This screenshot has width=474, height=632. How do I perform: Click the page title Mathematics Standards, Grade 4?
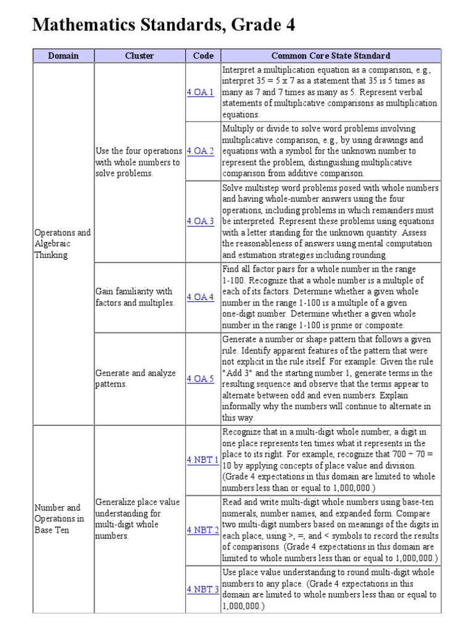[x=164, y=25]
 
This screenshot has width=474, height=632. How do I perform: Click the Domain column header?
[x=64, y=56]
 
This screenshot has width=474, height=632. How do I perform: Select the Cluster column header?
[x=139, y=56]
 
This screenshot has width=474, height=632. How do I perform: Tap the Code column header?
[x=203, y=56]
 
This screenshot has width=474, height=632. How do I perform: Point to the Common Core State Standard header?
[x=331, y=56]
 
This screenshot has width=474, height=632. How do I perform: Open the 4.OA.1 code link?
[x=200, y=92]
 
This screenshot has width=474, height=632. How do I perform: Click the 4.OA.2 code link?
[x=200, y=151]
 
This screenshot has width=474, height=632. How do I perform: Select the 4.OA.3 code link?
[x=200, y=222]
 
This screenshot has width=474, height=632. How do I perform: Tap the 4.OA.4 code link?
[x=200, y=297]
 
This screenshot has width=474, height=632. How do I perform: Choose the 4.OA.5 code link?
[x=200, y=379]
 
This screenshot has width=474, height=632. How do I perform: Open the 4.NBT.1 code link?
[x=202, y=460]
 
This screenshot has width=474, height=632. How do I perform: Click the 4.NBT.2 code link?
[x=202, y=530]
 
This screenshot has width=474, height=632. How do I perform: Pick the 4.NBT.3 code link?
[x=202, y=589]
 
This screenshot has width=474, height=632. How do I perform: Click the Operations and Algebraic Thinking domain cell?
[x=62, y=244]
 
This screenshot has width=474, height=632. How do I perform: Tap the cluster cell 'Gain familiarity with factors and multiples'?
[x=135, y=297]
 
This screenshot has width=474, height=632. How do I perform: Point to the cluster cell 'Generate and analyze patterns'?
[x=135, y=378]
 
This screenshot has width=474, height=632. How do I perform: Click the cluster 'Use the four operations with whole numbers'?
[x=138, y=162]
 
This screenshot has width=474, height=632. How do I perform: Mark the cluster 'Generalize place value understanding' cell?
[x=138, y=518]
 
